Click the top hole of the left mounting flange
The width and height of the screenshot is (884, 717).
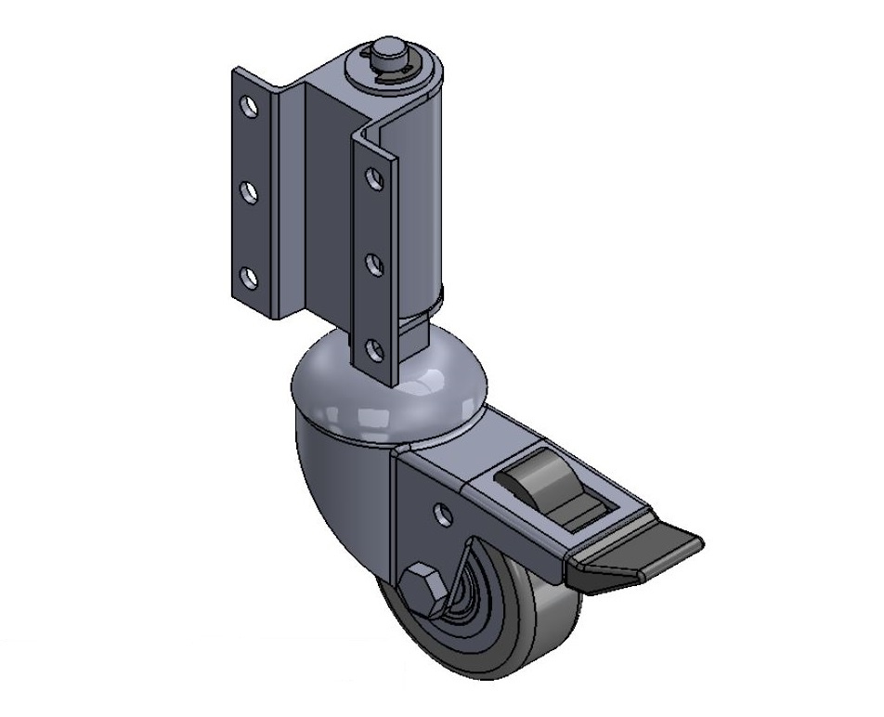point(250,105)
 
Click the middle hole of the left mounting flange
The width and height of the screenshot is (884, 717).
point(250,191)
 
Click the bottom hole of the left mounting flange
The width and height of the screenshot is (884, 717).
point(250,276)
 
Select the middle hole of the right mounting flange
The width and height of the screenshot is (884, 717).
point(372,265)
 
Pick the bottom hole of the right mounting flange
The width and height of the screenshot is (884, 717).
point(373,350)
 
